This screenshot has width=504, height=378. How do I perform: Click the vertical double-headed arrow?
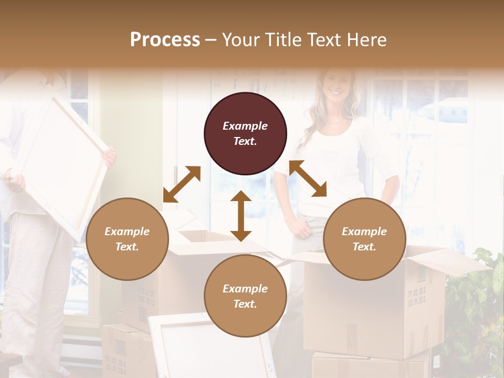point(241,216)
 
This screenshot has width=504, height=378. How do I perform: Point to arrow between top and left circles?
point(182,184)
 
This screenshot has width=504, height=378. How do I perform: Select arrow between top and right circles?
point(308,178)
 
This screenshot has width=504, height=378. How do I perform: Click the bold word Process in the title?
point(165,39)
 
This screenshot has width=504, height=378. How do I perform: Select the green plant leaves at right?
point(475,310)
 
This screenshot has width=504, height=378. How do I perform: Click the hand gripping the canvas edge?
point(109,156)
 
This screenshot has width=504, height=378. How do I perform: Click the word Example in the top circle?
point(245,126)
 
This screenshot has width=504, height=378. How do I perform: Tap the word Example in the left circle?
point(127,232)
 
